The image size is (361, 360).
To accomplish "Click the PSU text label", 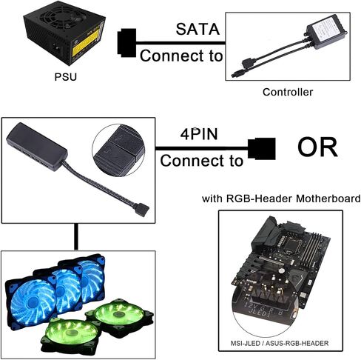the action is [x=65, y=77].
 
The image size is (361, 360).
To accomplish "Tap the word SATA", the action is [x=198, y=29].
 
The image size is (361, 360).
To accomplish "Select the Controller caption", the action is [x=288, y=92].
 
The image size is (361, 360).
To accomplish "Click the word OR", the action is [x=317, y=147].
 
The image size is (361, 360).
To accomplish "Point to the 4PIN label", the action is [x=199, y=134].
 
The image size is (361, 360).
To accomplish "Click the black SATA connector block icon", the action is [x=126, y=43].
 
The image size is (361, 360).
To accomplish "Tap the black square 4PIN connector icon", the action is [x=261, y=148].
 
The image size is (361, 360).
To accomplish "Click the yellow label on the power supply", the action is [x=84, y=44].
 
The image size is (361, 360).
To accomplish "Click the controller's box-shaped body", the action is [x=326, y=31].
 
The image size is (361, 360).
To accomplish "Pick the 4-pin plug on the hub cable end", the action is [x=141, y=210].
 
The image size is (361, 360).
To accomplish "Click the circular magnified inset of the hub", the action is [x=118, y=150].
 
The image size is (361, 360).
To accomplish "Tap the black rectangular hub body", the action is [x=37, y=147].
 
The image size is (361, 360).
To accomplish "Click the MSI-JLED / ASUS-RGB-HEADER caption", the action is [x=280, y=343].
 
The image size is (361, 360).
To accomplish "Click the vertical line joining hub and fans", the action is [x=76, y=237].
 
